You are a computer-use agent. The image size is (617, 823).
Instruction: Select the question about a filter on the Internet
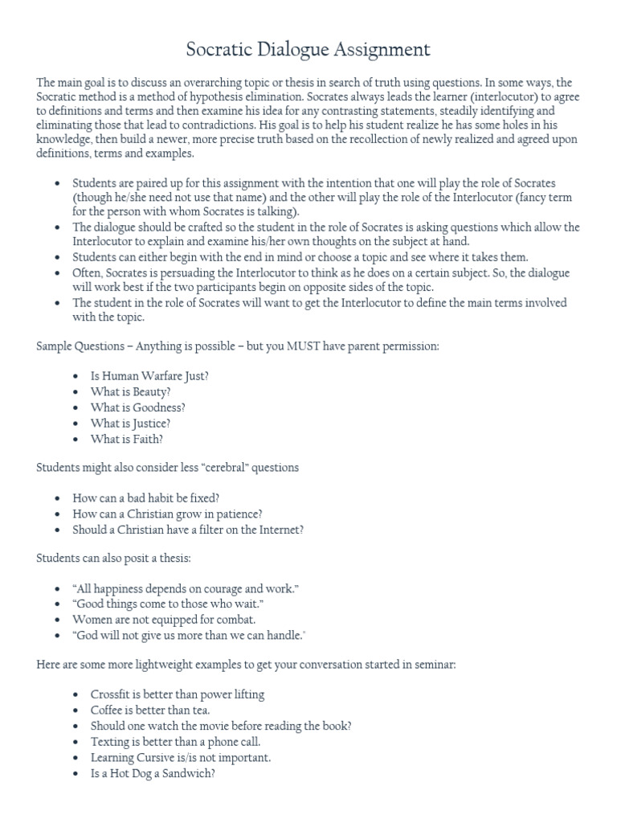click(188, 530)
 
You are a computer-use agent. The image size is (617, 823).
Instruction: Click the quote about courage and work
click(186, 588)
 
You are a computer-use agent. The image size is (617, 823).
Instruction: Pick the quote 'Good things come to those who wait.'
click(168, 604)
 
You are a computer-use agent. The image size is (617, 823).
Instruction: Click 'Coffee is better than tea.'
click(141, 710)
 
